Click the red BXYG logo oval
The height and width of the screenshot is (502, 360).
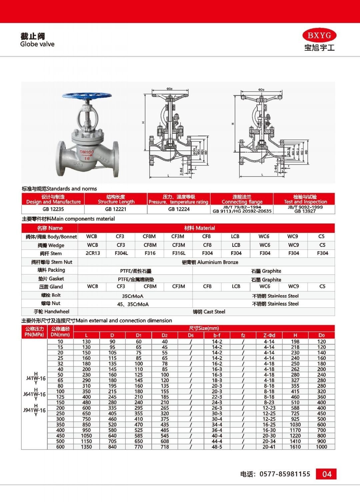point(319,35)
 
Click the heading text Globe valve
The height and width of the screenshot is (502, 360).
point(37,44)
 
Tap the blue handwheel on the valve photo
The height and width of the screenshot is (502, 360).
point(87,97)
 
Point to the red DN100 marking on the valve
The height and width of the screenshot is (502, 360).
point(87,152)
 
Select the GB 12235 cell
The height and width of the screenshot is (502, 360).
point(53,209)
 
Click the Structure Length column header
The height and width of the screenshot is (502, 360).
point(116,199)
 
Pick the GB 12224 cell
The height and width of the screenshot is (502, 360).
point(179,209)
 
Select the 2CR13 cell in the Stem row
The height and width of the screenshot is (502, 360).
point(93,253)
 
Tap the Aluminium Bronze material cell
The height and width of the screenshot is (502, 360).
point(210,262)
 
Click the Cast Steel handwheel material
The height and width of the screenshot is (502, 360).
point(209,312)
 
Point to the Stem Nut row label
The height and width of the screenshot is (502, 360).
point(52,262)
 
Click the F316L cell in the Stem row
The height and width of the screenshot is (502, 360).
point(179,253)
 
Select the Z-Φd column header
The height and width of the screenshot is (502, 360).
point(269,335)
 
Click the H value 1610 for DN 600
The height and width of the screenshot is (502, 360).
point(295,447)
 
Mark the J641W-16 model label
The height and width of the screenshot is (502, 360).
point(34,394)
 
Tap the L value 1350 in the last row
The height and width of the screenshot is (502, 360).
point(86,447)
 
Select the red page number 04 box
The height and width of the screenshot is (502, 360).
point(326,474)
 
